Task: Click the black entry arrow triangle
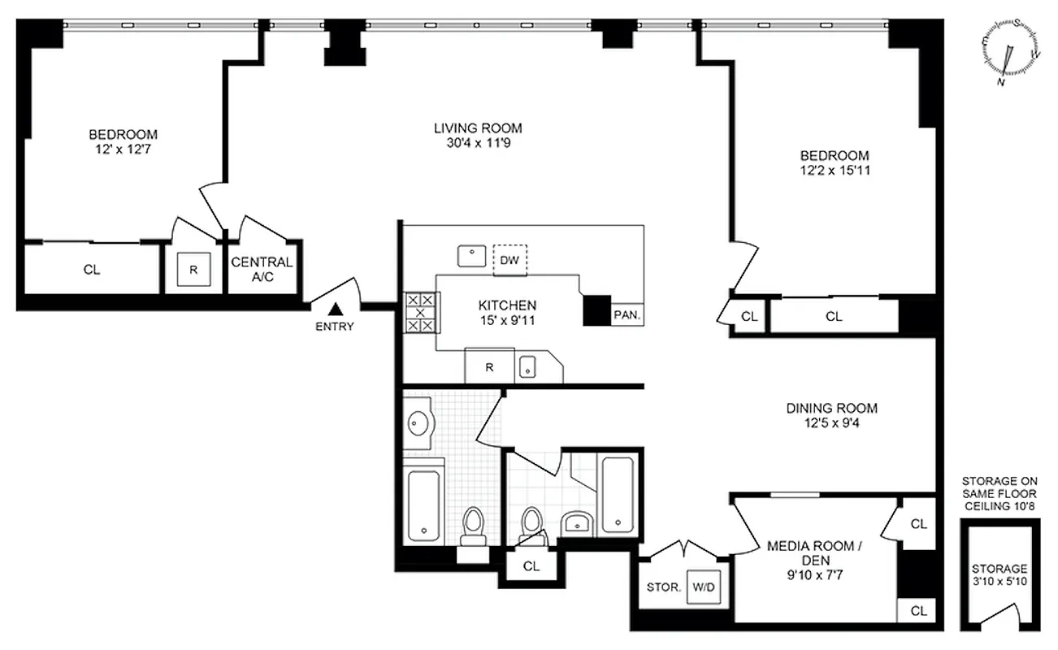pos(334,309)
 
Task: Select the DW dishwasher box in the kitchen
pos(509,260)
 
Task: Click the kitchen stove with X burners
pos(420,312)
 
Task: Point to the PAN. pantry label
pos(627,314)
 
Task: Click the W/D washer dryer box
pos(700,587)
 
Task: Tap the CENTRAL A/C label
pos(262,269)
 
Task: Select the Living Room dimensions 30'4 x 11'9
pos(477,143)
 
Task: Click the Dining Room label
pos(831,408)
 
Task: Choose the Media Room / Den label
pos(810,552)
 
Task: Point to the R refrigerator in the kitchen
pos(489,366)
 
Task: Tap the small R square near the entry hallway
pos(193,269)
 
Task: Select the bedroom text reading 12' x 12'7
pos(123,149)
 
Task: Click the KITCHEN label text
pos(507,305)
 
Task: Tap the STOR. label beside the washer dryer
pos(664,587)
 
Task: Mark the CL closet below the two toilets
pos(531,565)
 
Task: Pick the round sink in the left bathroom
pos(419,423)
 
